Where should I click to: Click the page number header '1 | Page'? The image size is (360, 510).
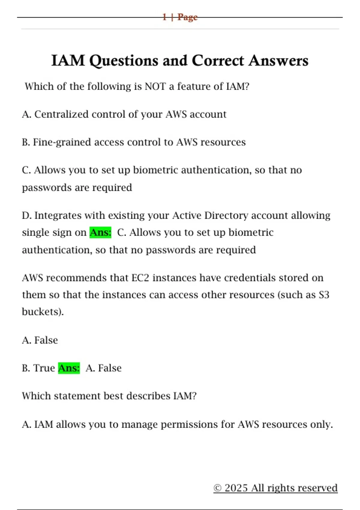180,17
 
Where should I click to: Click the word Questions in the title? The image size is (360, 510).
124,61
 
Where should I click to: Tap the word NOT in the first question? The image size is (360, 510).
155,87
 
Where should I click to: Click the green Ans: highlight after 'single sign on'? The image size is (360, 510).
100,232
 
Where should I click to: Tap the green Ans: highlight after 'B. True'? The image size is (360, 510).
69,368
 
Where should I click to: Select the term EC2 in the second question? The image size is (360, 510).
140,278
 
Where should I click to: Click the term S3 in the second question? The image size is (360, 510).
324,295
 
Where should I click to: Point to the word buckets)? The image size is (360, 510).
43,312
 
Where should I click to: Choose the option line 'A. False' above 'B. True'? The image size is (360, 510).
40,340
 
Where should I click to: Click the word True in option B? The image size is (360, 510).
44,368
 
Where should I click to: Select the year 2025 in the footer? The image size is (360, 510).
236,488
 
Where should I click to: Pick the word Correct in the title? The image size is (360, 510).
217,61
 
